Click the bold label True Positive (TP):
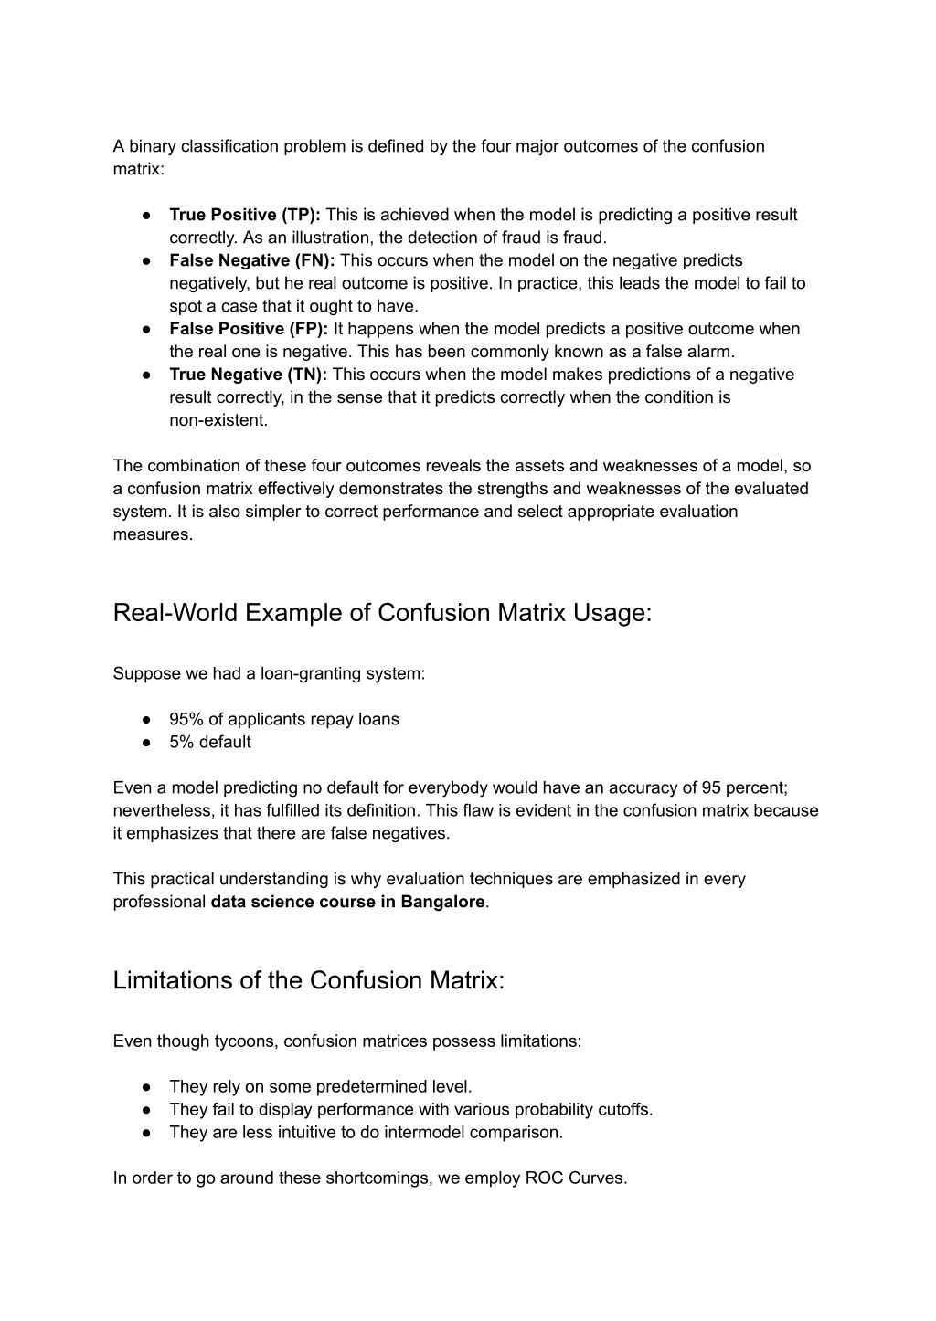(245, 215)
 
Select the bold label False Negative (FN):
(252, 260)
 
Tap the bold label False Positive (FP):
(249, 329)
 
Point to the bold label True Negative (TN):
(249, 375)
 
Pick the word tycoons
(243, 1041)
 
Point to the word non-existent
(218, 420)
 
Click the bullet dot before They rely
(145, 1086)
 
